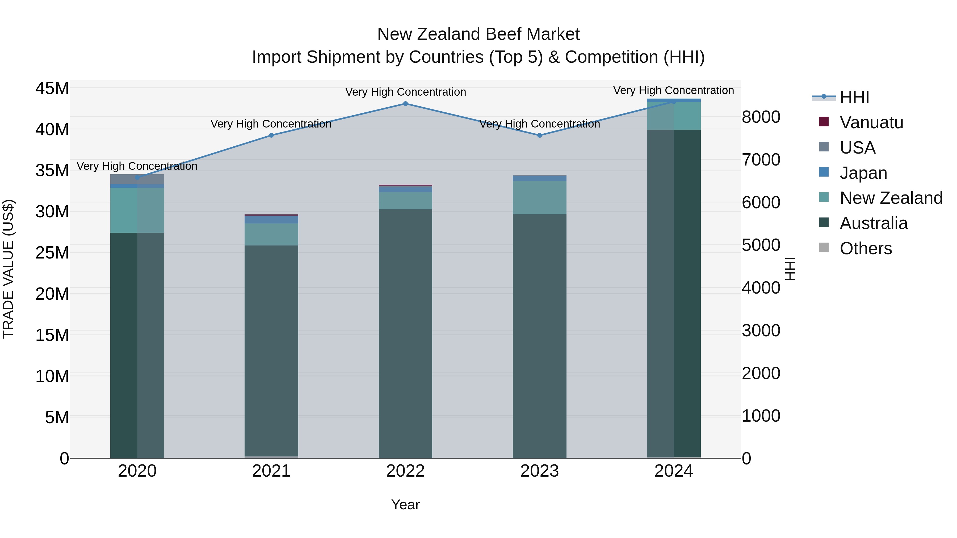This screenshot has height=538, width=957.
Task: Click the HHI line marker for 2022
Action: (405, 104)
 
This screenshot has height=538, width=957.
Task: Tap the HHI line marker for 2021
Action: (271, 135)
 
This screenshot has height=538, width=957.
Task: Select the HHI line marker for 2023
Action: (539, 135)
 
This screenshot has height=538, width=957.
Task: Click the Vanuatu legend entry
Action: (871, 122)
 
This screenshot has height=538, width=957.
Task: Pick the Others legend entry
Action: (866, 248)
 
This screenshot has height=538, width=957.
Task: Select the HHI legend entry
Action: (854, 97)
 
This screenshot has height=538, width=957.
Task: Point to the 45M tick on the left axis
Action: (52, 89)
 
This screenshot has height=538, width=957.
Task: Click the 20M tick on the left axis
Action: (52, 294)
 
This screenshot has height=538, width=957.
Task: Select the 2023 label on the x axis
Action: (539, 471)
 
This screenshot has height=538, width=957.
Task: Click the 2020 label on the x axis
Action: (137, 471)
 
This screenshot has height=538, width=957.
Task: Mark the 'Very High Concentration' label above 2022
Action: (405, 92)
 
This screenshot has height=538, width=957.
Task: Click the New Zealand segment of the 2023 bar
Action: (539, 197)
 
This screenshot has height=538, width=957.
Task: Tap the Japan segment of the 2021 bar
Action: (271, 220)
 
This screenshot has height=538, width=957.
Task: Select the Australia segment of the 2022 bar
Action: (405, 334)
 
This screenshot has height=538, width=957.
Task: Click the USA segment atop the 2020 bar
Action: (137, 179)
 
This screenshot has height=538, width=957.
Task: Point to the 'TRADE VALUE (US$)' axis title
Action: (8, 269)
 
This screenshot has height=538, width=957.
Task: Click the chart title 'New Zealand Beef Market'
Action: (478, 34)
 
